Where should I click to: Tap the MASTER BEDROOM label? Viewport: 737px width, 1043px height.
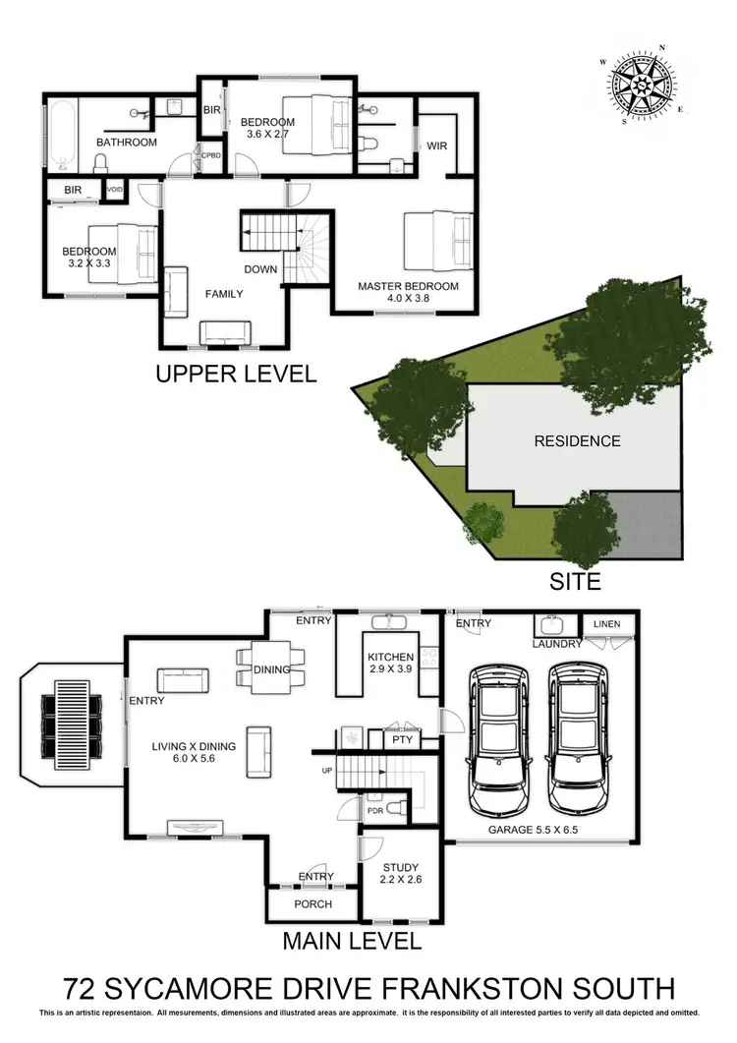click(x=408, y=286)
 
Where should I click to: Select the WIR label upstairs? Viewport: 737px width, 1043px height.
click(x=436, y=145)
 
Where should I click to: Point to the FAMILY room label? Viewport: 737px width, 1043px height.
click(x=224, y=293)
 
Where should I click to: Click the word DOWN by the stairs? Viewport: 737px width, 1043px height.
click(x=261, y=269)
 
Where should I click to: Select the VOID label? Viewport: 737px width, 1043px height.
click(x=114, y=189)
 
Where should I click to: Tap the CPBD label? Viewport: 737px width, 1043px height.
click(x=210, y=155)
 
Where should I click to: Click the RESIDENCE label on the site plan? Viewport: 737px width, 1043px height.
click(x=577, y=440)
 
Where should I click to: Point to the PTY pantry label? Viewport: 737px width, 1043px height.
click(x=402, y=738)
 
